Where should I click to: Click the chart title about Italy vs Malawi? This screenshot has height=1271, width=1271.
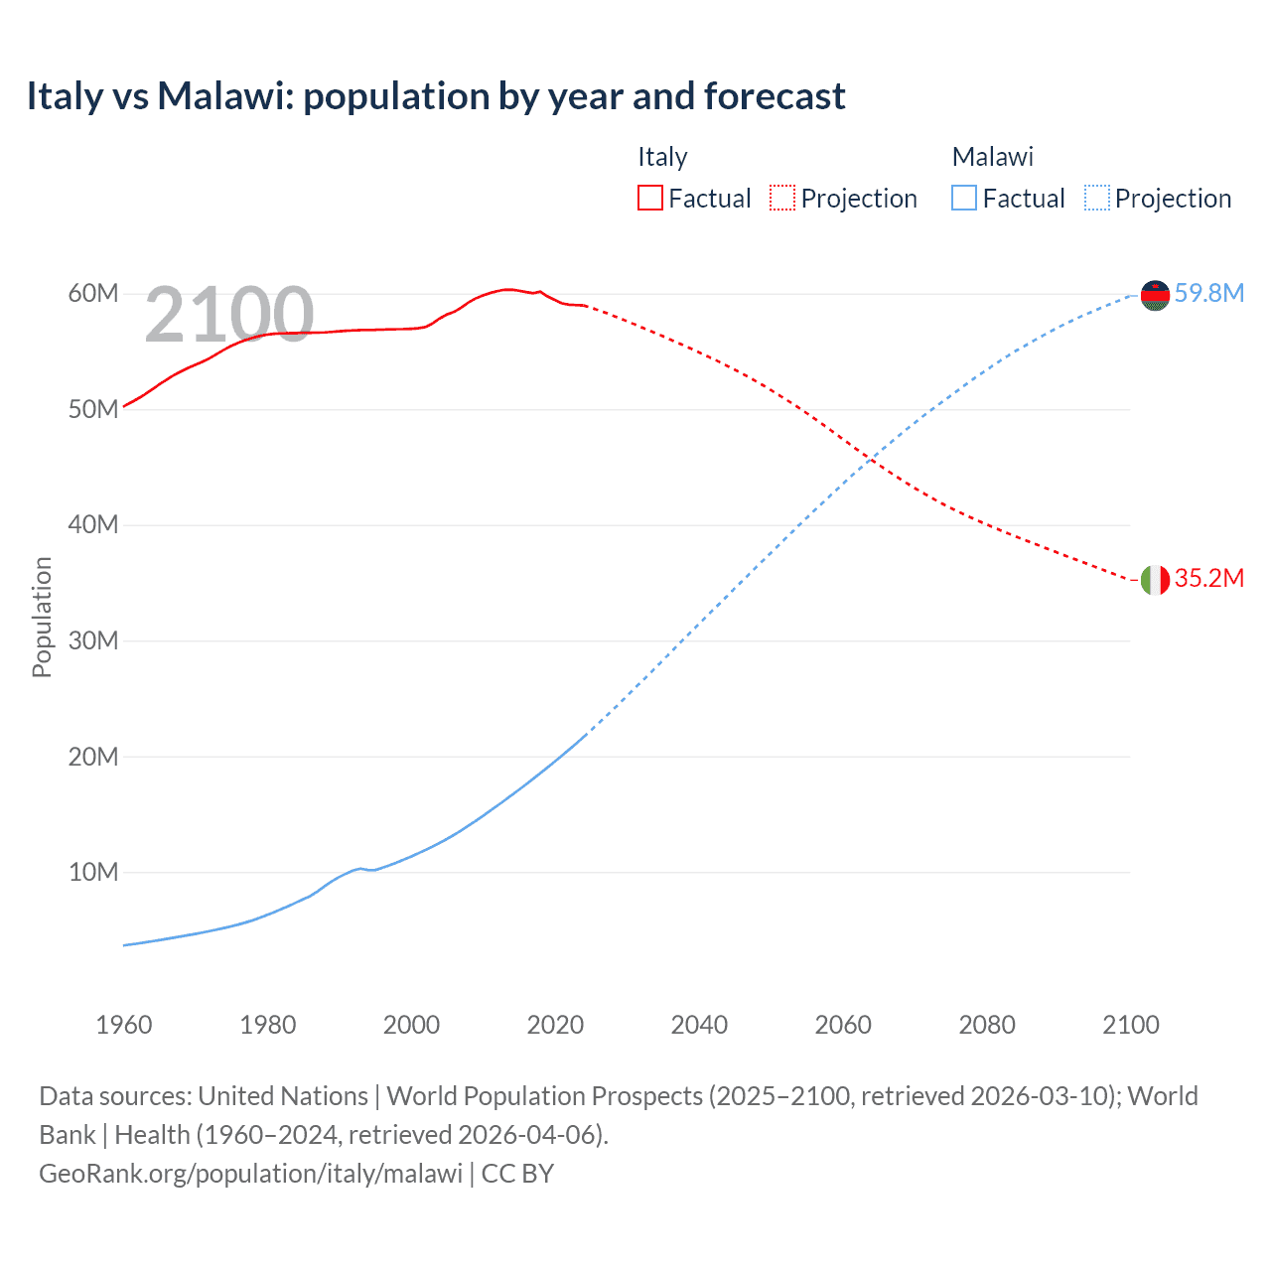[436, 96]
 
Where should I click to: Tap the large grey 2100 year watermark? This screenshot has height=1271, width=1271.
[229, 315]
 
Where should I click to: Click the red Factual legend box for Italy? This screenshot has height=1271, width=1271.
[649, 198]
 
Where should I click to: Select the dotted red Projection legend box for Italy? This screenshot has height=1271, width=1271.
[782, 198]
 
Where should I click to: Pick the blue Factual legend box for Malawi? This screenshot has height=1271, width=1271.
[964, 198]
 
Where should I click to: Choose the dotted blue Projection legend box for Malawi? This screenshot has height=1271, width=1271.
[1097, 198]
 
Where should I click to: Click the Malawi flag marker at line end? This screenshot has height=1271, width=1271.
[1155, 295]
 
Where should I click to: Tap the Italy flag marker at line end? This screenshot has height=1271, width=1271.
[1155, 580]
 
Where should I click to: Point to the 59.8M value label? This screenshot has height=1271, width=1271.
[1209, 293]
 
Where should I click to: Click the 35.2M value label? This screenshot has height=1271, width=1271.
[1209, 578]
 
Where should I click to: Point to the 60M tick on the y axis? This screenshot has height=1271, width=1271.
[93, 294]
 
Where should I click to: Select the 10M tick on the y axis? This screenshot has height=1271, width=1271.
[93, 873]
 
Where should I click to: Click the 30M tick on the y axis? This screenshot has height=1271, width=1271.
[93, 641]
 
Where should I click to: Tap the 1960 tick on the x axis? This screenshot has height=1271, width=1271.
[124, 1025]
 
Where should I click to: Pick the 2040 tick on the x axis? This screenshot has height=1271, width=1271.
[699, 1025]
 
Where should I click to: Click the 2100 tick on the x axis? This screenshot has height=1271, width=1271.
[1130, 1025]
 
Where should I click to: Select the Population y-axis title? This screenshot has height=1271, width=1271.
[42, 617]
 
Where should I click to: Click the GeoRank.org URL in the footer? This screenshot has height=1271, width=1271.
[250, 1174]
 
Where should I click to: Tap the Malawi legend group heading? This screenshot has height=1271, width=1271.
[992, 157]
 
